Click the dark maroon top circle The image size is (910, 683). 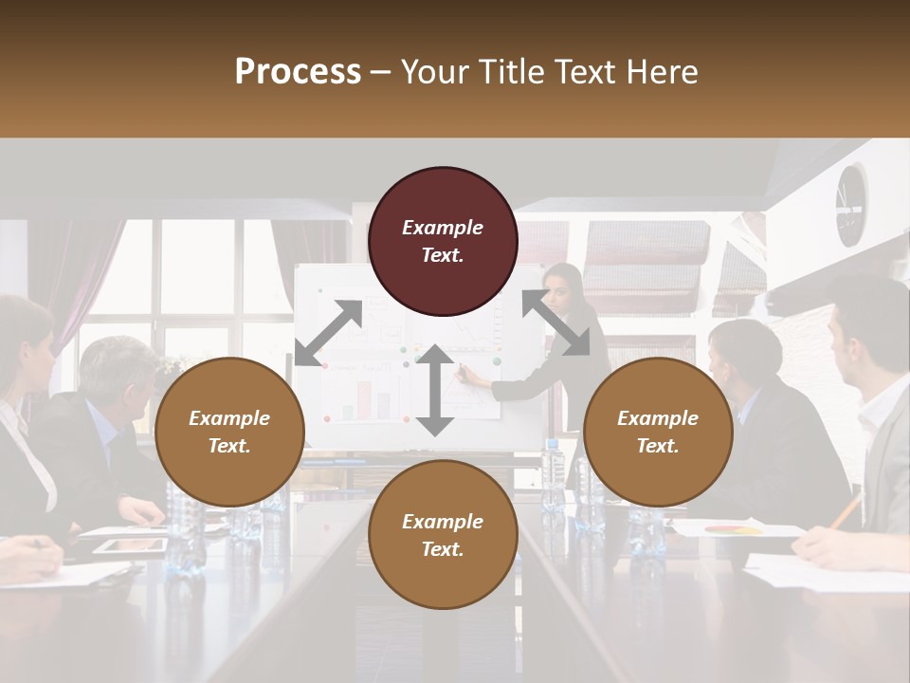[x=443, y=241]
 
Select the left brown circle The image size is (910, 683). [x=229, y=432]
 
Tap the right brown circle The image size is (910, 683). [x=658, y=432]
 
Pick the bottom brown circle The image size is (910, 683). [x=443, y=535]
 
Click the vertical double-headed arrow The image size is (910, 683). [x=435, y=390]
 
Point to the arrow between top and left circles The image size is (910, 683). [x=328, y=332]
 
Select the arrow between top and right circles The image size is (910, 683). [x=555, y=323]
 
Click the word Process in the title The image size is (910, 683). [x=298, y=71]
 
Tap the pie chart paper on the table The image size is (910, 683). [x=735, y=528]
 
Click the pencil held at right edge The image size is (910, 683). [x=846, y=511]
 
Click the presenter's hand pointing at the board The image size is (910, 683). [x=464, y=375]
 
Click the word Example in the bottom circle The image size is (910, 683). [x=443, y=522]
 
